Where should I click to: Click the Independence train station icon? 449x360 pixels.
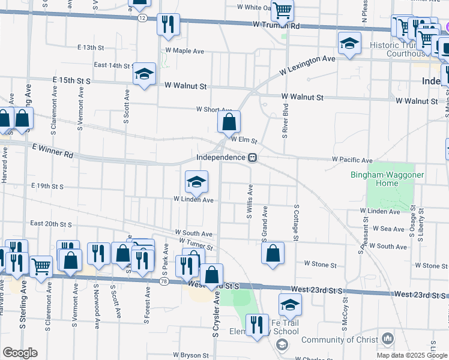pos(253,158)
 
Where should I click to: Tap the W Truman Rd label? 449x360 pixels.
pos(276,26)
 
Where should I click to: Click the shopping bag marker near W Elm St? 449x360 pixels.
pos(229,122)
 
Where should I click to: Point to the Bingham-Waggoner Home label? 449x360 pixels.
pos(382,179)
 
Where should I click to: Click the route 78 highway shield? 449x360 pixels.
pos(164,281)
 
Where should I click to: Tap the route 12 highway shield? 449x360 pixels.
pos(142,18)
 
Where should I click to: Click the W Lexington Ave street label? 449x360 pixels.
pos(307,65)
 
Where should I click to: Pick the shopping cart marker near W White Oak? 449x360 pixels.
pos(282,10)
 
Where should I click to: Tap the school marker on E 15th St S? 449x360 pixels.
pos(144,74)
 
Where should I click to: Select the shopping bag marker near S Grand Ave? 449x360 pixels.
pos(273,253)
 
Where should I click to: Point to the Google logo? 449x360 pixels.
pos(20,353)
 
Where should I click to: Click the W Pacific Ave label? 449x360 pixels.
pos(352,161)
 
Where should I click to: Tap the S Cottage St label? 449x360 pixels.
pos(297,223)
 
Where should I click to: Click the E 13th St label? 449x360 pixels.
pos(91,47)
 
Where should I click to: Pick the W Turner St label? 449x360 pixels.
pos(196,244)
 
